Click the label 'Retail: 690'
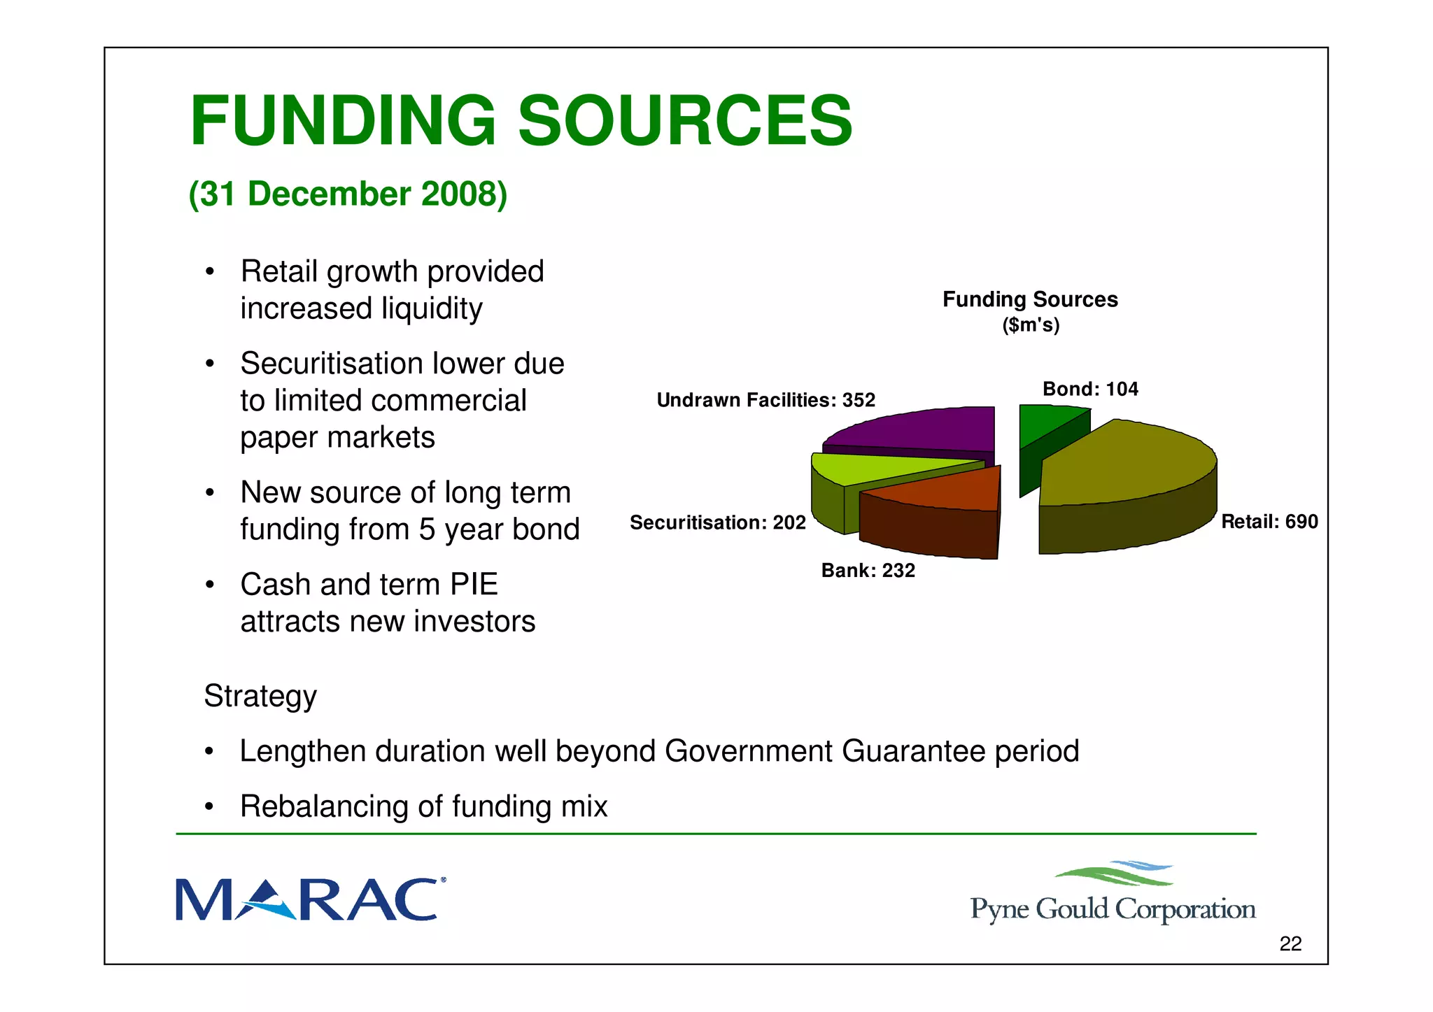coord(1269,522)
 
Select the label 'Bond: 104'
coord(1090,389)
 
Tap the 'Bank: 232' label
coord(868,571)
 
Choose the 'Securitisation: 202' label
coord(718,522)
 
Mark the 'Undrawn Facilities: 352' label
coord(765,400)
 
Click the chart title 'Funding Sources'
coord(1030,299)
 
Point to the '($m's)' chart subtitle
coord(1031,325)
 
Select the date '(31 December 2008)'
coord(348,194)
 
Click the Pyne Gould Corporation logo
coord(1113,895)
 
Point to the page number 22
coord(1290,944)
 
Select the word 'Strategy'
coord(260,696)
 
